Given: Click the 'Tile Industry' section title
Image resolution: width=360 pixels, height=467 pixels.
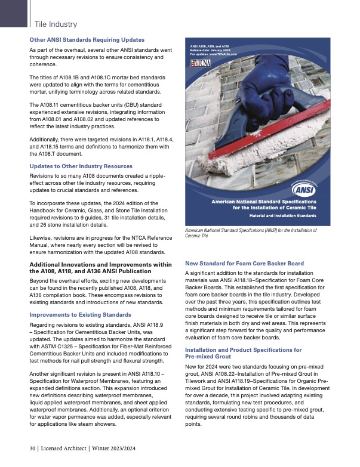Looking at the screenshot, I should click(56, 24).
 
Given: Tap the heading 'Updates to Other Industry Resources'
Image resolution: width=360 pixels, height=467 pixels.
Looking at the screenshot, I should click(80, 165).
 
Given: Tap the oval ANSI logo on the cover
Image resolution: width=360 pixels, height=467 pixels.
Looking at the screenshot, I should click(306, 191).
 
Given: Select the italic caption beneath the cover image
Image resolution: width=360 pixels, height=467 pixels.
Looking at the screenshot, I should click(251, 233).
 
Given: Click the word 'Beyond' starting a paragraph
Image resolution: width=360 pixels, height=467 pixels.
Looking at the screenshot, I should click(39, 279).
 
